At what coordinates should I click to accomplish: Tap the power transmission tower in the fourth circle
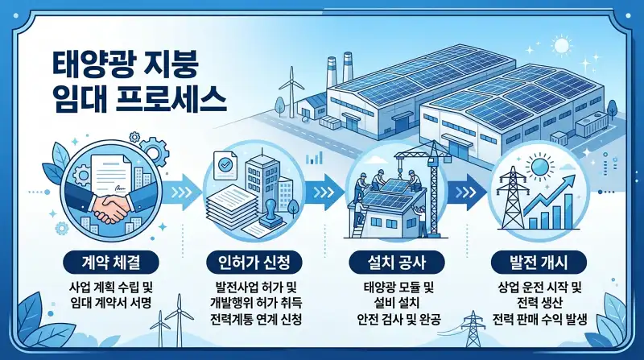508,201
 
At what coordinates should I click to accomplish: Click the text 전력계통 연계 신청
253,320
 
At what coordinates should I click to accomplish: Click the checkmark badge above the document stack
225,165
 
